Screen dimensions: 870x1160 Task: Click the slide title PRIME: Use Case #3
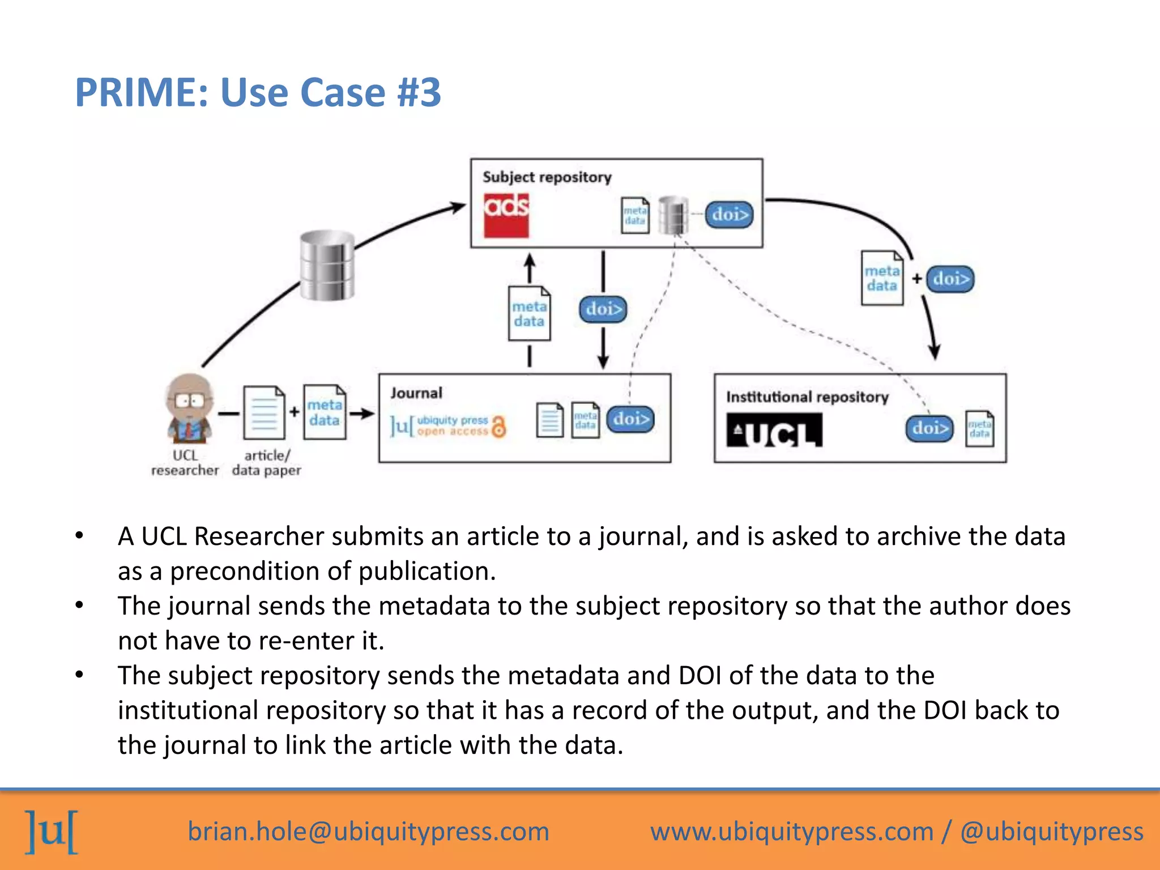(x=258, y=92)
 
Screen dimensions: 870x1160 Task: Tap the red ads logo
(x=506, y=215)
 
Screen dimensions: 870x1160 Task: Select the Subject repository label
(x=547, y=177)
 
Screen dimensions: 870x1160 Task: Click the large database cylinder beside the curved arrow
(x=327, y=265)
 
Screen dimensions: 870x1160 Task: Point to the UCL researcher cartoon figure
(x=189, y=409)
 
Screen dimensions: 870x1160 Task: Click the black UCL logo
(x=774, y=430)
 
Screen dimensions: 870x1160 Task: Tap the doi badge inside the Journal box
(x=630, y=419)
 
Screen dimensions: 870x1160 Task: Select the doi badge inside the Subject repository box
(x=729, y=215)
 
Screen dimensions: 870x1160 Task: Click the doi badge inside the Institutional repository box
(x=929, y=428)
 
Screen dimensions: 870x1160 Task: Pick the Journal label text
(x=416, y=393)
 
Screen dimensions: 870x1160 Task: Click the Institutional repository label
(x=807, y=397)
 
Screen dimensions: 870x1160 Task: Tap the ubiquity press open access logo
(x=447, y=426)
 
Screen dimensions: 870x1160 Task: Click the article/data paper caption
(x=266, y=463)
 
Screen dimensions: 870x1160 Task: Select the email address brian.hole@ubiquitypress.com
(x=368, y=831)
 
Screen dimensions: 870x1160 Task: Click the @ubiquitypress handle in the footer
(x=1051, y=831)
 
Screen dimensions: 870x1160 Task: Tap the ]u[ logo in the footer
(x=52, y=831)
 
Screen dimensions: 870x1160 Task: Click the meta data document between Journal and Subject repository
(x=529, y=314)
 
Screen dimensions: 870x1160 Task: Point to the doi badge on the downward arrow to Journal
(x=603, y=309)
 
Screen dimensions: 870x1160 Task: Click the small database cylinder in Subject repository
(x=673, y=215)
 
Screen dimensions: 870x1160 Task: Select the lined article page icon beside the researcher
(x=264, y=413)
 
